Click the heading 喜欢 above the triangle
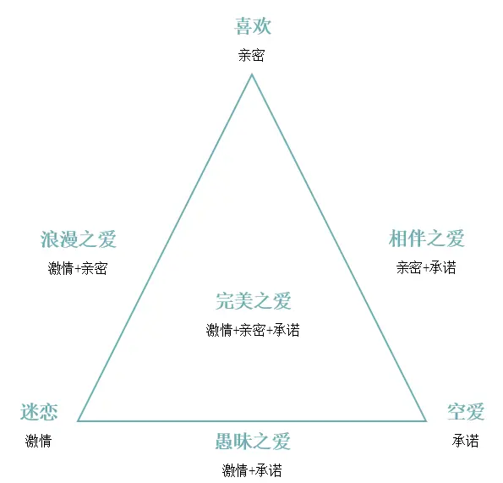(253, 26)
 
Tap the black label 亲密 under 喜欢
(252, 55)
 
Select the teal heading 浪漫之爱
(79, 239)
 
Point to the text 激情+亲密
(78, 268)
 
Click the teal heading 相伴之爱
(427, 239)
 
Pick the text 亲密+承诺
(426, 267)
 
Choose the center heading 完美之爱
(253, 301)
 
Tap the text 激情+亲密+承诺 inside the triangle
(253, 330)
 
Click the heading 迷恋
(39, 412)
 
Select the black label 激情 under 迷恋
(39, 441)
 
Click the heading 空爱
(466, 412)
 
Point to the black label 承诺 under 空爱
(466, 441)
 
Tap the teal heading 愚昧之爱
(253, 442)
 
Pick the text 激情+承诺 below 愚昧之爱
(252, 471)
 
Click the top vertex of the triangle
(252, 74)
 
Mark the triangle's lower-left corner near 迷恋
(78, 420)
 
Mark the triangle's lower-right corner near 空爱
(426, 420)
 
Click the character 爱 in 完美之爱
(282, 301)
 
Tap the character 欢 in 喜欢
(262, 26)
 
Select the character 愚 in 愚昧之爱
(224, 442)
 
